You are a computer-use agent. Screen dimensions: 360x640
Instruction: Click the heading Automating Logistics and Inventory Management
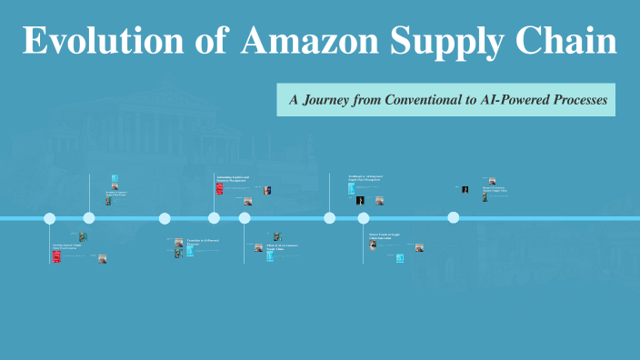click(x=233, y=178)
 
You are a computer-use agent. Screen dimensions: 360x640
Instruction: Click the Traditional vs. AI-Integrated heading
click(x=365, y=178)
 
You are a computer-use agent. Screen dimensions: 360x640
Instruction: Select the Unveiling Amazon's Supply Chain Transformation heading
click(x=67, y=245)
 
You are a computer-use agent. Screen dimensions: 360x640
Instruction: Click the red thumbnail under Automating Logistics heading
click(x=219, y=189)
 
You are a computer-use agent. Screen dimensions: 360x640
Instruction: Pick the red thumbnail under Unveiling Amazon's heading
click(x=56, y=256)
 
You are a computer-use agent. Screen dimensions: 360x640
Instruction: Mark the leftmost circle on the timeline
click(x=50, y=218)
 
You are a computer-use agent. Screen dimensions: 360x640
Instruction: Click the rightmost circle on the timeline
click(x=453, y=218)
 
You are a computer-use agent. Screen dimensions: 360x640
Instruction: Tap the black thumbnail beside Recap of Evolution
click(x=465, y=190)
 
